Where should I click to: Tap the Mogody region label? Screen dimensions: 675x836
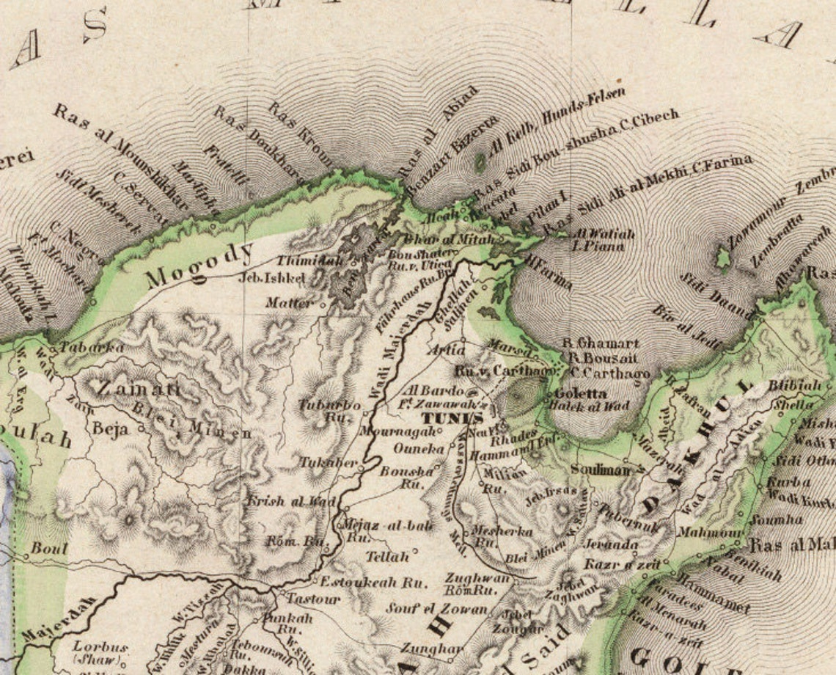pyautogui.click(x=198, y=266)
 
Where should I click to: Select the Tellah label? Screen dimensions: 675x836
pyautogui.click(x=386, y=557)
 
